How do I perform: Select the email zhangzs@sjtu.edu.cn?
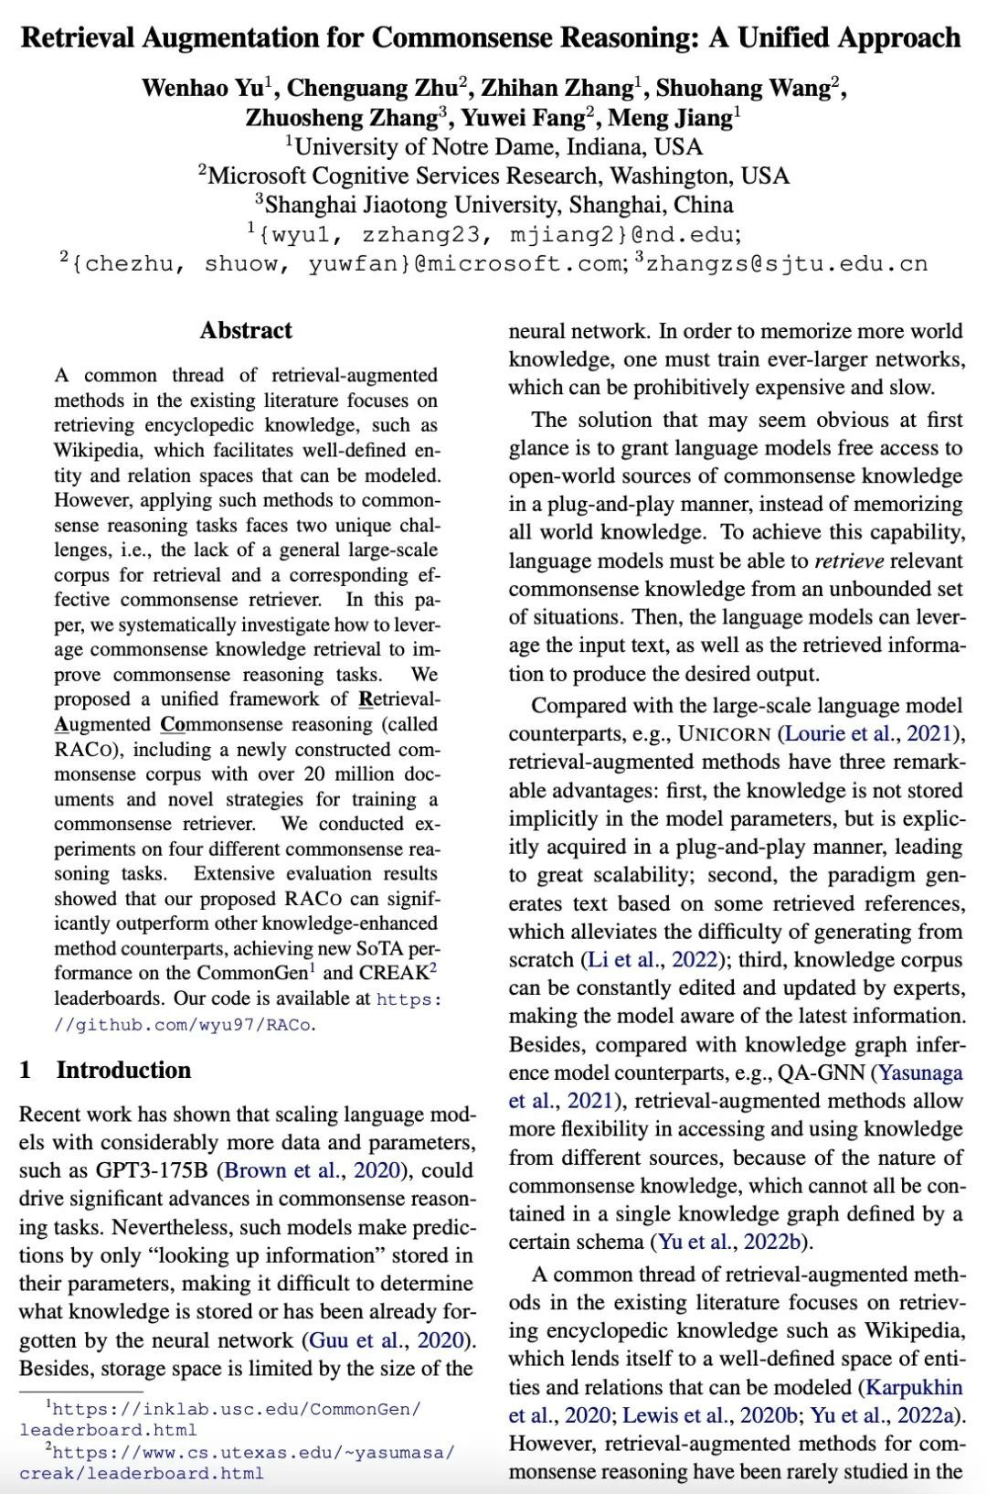click(787, 264)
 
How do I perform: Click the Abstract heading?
click(246, 331)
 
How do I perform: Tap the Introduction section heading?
click(123, 1071)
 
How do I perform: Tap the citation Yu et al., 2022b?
click(731, 1243)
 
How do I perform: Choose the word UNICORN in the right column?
click(726, 734)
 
